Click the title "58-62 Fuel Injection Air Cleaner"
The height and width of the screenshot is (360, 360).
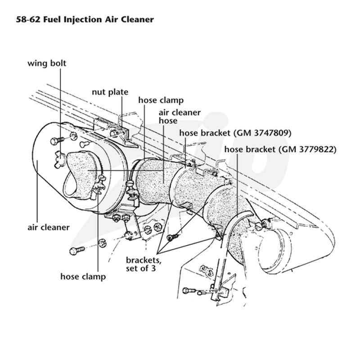pos(85,19)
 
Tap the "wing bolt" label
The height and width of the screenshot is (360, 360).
pos(47,63)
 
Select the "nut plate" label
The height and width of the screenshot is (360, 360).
pos(110,92)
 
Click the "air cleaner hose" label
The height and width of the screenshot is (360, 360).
pos(180,117)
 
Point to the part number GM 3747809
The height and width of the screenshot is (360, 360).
pos(262,133)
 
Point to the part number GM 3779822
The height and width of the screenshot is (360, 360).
pos(307,149)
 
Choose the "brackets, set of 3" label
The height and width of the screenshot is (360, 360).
pos(144,264)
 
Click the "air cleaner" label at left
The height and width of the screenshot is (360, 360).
pos(49,227)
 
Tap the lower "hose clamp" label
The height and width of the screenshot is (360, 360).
pos(83,276)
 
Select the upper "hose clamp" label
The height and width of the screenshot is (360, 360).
pos(161,100)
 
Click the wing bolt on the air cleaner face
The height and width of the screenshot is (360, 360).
pos(60,158)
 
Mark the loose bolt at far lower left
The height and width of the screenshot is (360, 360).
pos(77,250)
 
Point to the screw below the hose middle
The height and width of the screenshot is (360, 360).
pos(173,237)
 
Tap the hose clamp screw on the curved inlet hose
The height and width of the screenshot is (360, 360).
pos(99,184)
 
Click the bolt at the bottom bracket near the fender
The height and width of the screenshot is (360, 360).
pos(189,291)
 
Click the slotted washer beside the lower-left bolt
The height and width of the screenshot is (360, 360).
pos(103,243)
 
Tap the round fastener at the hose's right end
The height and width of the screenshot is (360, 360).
pos(259,227)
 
